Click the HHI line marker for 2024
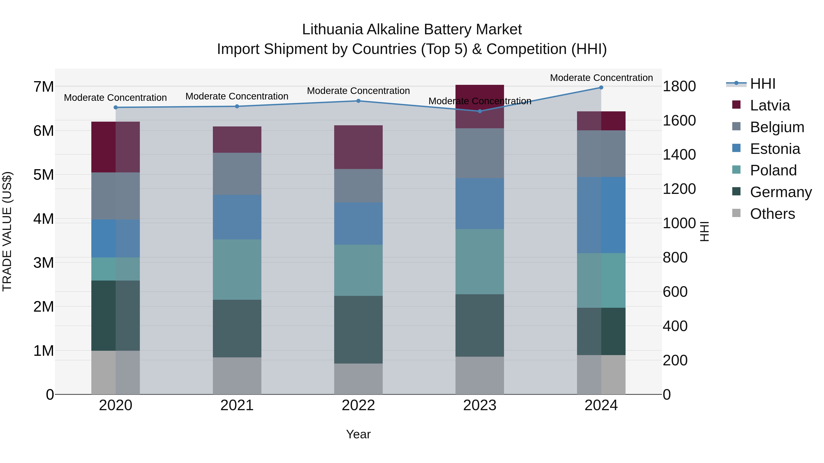(601, 88)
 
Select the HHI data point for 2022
(358, 101)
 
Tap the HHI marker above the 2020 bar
(116, 107)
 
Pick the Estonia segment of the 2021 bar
(237, 217)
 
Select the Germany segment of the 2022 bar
(358, 329)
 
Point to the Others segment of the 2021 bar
(237, 376)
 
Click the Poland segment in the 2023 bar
(480, 262)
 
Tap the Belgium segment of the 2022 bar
(358, 186)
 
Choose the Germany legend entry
(781, 192)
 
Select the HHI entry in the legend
(763, 84)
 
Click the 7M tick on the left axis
(43, 87)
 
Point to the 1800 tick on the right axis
(679, 86)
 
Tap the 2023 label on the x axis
(480, 405)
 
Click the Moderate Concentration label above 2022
(358, 91)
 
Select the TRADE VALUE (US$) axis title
(7, 231)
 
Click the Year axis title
(358, 434)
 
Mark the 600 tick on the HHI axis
(675, 292)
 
